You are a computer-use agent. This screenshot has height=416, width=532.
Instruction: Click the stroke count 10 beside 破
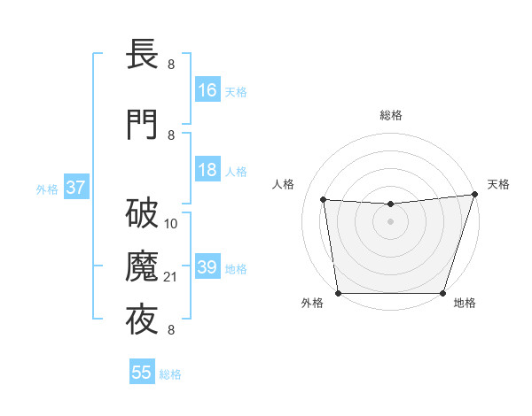tap(171, 224)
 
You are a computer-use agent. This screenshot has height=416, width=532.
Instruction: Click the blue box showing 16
tap(207, 90)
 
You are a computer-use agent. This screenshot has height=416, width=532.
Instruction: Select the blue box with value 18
tap(207, 170)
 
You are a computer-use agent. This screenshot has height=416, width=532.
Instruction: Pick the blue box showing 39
tap(207, 267)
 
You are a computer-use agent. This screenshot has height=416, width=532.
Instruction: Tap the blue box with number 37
tap(75, 188)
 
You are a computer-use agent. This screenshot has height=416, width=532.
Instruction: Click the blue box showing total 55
tap(142, 373)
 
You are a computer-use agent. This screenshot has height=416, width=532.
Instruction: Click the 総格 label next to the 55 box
tap(170, 374)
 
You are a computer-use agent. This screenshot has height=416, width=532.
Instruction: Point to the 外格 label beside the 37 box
tap(47, 189)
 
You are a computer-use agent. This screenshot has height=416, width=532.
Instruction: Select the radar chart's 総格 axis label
tap(390, 115)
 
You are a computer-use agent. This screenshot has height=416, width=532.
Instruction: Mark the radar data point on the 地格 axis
tap(443, 293)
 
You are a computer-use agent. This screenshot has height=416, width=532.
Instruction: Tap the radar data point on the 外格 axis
tap(338, 293)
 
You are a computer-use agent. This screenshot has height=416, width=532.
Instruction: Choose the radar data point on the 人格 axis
tap(324, 200)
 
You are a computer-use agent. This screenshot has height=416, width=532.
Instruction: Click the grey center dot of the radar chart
tap(390, 221)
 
